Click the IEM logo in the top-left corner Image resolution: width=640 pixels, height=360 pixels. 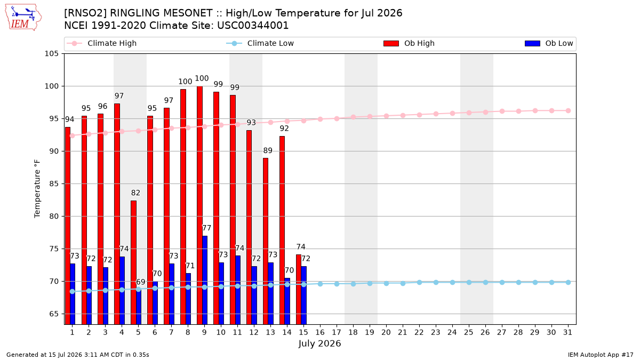point(23,17)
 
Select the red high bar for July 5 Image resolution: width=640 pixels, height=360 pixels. point(133,262)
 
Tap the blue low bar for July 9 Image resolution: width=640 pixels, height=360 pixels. point(205,280)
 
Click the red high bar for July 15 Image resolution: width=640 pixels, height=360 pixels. point(299,289)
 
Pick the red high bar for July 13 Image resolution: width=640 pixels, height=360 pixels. point(266,241)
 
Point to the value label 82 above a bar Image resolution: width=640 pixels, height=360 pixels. point(135,193)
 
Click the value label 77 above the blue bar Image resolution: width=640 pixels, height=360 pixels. point(206,228)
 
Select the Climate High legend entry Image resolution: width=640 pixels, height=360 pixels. point(101,43)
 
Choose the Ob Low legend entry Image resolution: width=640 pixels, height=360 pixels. point(549,43)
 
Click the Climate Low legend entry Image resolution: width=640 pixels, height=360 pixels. point(260,43)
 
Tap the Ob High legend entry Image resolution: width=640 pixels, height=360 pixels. point(409,43)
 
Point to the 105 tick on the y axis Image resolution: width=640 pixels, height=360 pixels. point(51,54)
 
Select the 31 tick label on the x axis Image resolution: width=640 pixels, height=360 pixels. point(567,333)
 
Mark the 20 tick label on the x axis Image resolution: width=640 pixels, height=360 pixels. point(386,333)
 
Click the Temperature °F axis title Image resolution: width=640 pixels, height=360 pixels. point(37,189)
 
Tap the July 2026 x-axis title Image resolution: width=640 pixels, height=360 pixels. point(319,343)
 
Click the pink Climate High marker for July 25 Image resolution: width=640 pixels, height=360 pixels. point(469,113)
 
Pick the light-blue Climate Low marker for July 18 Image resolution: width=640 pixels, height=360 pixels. point(353,284)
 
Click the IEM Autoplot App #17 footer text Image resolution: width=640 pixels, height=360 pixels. point(601,355)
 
